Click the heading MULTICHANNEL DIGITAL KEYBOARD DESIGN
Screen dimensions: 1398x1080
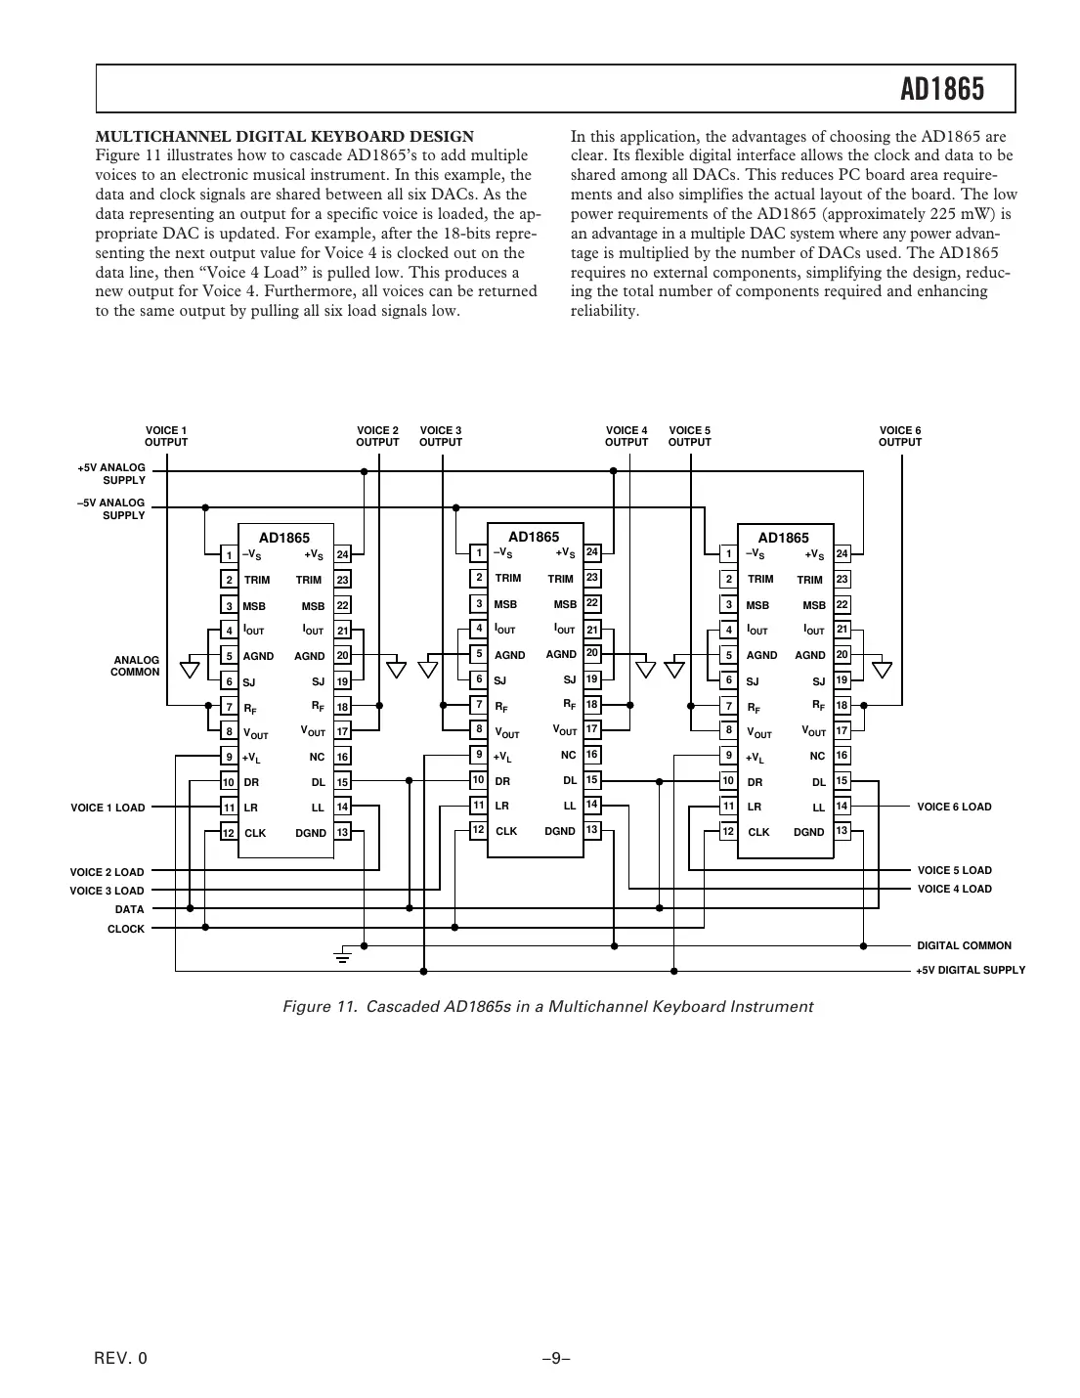point(284,137)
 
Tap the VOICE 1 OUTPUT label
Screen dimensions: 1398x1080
point(166,436)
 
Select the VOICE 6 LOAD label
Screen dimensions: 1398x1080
point(954,807)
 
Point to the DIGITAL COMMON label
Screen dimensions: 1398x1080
point(964,945)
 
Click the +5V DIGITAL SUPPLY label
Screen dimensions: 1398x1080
point(970,970)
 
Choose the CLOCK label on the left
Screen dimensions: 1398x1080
point(125,929)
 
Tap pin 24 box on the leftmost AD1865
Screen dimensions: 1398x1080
point(342,555)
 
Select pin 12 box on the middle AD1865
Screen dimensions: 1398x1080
point(479,829)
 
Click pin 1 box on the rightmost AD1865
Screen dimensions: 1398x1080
point(728,554)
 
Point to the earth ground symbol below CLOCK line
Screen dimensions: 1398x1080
point(342,954)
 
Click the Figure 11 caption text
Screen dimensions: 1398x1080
point(547,1006)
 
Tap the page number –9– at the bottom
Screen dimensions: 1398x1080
point(555,1358)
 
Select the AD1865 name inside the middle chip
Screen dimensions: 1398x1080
point(534,537)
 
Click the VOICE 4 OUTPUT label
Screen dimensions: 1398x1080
point(626,436)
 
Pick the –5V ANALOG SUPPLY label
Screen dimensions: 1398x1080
point(111,508)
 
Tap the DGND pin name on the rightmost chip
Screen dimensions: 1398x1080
point(808,832)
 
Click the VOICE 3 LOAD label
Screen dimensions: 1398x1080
point(107,891)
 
